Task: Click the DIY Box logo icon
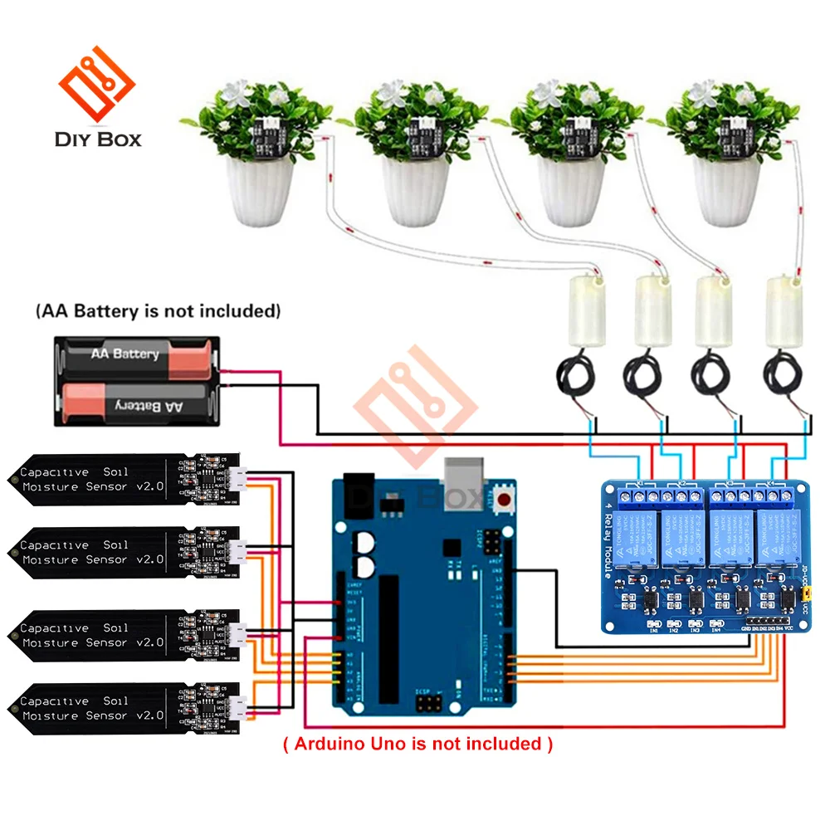[x=96, y=83]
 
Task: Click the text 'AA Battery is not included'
[x=158, y=312]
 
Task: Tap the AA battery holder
[x=137, y=380]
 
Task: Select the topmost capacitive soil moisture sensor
[x=124, y=480]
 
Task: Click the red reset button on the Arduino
[x=504, y=499]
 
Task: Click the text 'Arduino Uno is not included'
[x=418, y=744]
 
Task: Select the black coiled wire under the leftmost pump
[x=574, y=376]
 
